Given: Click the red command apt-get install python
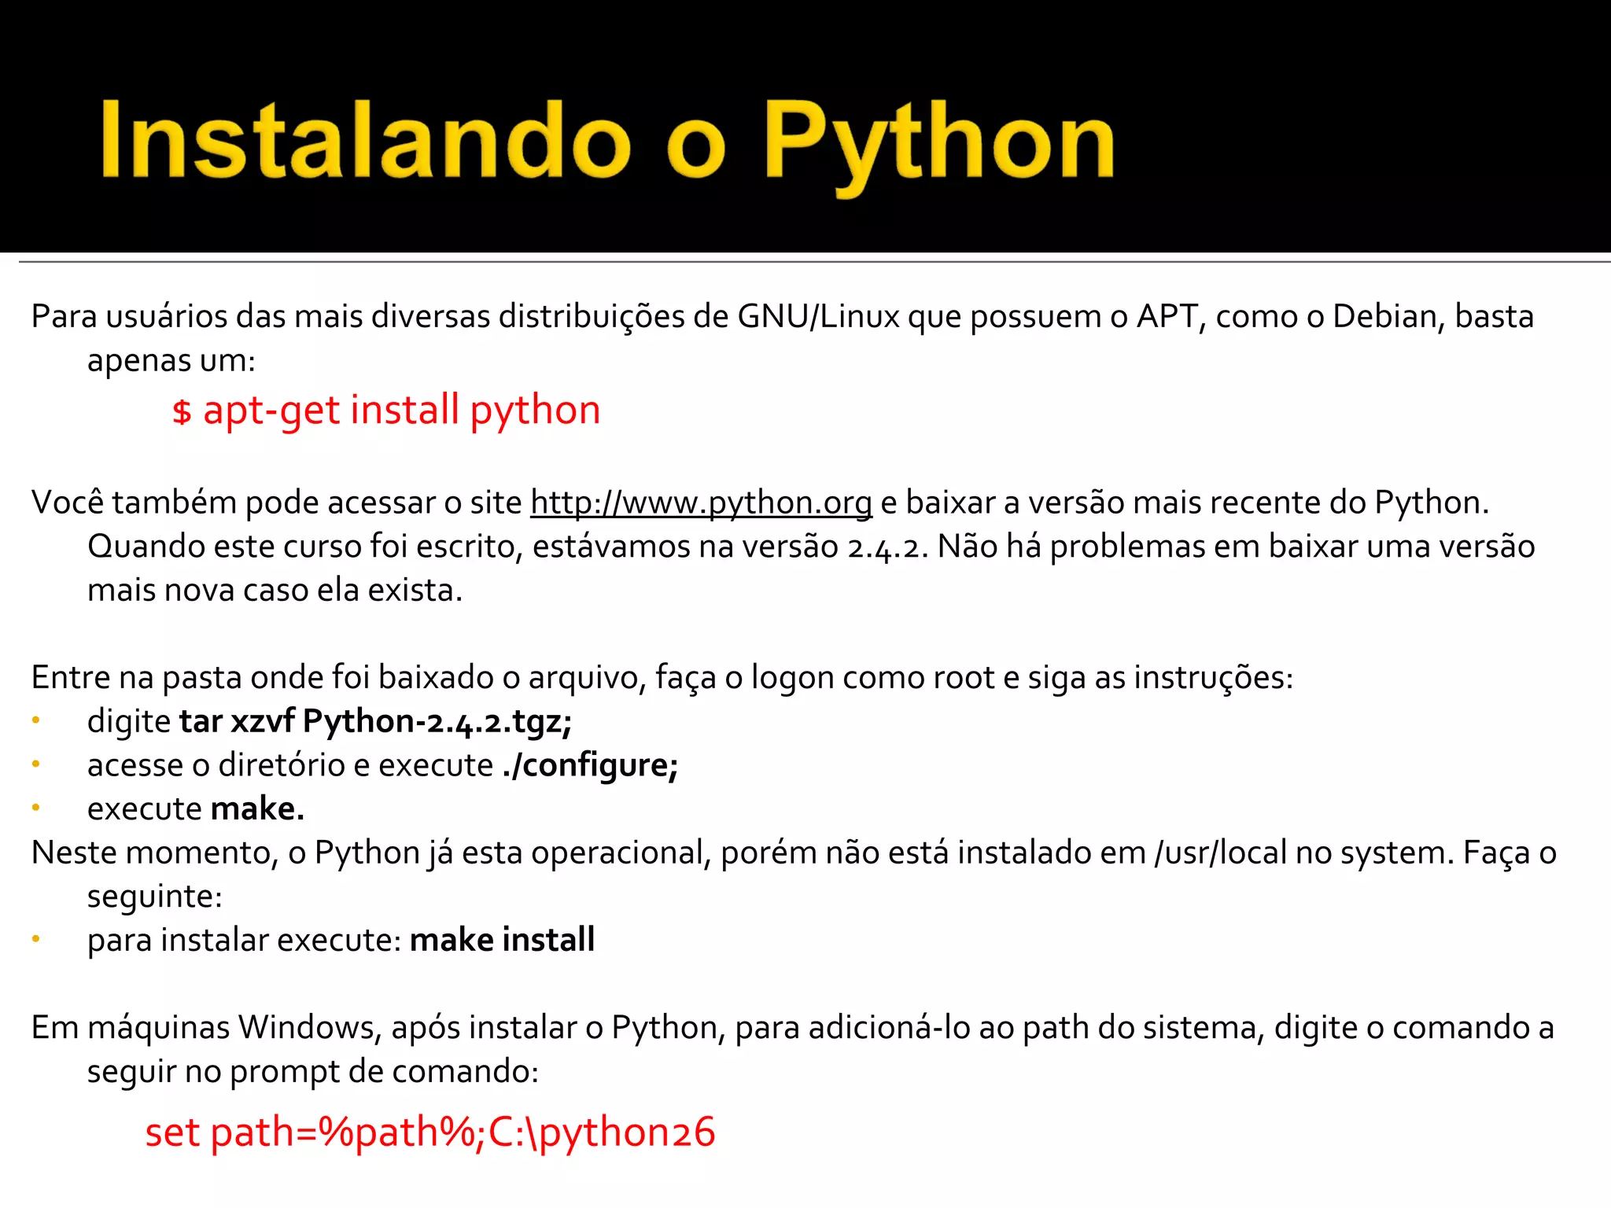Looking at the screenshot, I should point(402,411).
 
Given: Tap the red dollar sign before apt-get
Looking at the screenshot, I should point(182,411).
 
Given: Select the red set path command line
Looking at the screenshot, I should point(430,1133).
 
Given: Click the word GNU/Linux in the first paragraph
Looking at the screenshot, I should point(818,317).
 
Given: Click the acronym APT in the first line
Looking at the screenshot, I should point(1167,317).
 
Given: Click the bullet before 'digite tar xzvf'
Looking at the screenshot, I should point(35,720).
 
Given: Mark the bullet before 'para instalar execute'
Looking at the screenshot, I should point(35,938).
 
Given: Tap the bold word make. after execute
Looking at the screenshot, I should point(257,809).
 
